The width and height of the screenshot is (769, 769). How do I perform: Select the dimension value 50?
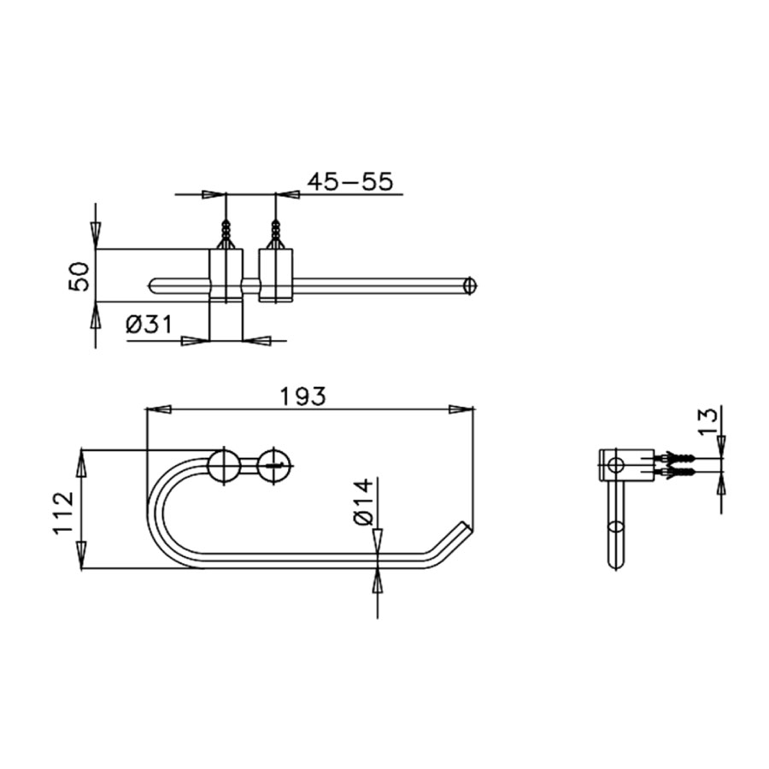pyautogui.click(x=79, y=276)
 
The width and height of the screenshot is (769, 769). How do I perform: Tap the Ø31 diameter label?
pyautogui.click(x=149, y=325)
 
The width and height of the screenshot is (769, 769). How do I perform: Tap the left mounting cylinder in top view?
pyautogui.click(x=226, y=275)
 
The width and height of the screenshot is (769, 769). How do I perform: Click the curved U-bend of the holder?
pyautogui.click(x=158, y=513)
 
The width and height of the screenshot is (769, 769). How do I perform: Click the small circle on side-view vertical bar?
pyautogui.click(x=614, y=525)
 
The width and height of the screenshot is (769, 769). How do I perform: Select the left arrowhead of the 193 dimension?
pyautogui.click(x=159, y=409)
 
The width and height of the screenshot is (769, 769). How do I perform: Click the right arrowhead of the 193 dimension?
pyautogui.click(x=462, y=409)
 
